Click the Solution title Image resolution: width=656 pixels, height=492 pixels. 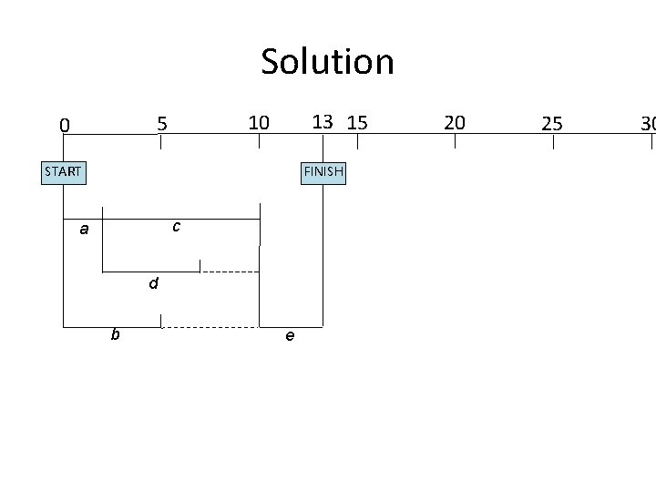[327, 62]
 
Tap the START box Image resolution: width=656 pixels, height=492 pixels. [64, 171]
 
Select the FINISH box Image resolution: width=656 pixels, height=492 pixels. [323, 171]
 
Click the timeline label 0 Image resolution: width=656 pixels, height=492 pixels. [63, 125]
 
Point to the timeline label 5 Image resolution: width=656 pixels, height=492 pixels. [161, 122]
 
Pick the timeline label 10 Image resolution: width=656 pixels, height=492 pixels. [259, 121]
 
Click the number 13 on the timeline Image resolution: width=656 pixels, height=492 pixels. [322, 121]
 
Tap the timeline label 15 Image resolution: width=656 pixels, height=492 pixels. [357, 121]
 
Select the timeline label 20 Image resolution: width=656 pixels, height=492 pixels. [455, 121]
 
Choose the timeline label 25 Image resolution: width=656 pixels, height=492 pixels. [552, 123]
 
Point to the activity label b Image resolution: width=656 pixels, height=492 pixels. [115, 335]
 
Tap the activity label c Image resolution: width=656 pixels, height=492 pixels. [176, 224]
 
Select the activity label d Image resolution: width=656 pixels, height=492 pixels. [154, 284]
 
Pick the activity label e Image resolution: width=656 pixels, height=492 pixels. [289, 336]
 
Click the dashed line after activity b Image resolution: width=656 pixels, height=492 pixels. [210, 326]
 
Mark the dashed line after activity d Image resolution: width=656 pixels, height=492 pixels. [230, 272]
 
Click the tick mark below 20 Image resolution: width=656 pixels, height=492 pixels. [455, 141]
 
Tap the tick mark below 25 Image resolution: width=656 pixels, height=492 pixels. [552, 141]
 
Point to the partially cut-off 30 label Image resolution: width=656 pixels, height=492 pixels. [648, 123]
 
